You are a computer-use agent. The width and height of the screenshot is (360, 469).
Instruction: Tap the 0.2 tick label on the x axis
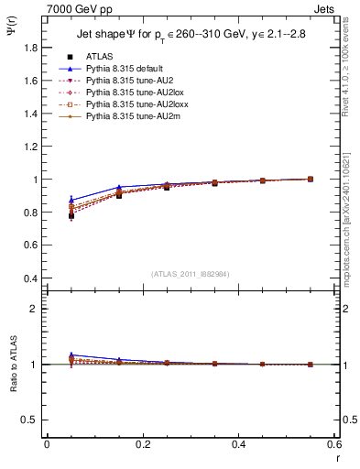pos(143,444)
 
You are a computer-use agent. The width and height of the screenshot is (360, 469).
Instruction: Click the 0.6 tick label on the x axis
pos(334,444)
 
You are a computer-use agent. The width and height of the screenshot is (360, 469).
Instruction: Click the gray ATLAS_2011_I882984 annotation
pos(191,275)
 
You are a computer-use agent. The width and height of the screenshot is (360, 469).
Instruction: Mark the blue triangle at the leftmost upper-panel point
pos(71,200)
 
